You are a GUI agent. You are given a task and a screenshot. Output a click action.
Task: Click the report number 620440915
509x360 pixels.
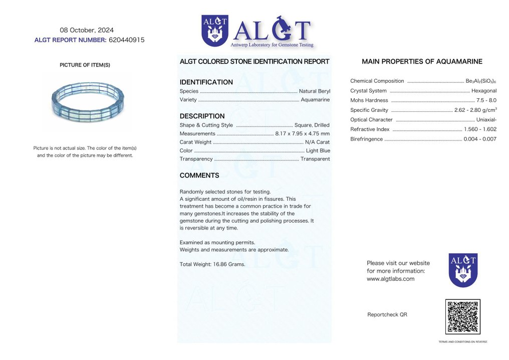126,40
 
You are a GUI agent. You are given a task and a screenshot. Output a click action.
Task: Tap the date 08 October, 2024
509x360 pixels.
87,30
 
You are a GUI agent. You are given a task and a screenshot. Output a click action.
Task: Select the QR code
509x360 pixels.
462,316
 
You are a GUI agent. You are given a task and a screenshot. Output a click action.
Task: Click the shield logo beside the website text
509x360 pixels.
463,270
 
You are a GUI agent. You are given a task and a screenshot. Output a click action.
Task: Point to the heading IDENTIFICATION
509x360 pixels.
206,82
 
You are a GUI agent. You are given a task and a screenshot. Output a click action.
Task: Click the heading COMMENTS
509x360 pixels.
199,175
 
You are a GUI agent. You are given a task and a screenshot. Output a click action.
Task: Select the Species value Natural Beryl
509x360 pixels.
314,91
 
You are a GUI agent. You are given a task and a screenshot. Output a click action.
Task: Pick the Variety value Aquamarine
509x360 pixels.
315,100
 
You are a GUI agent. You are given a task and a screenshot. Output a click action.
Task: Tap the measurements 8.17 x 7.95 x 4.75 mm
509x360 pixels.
302,134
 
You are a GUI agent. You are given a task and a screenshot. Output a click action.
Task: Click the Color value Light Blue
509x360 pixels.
318,150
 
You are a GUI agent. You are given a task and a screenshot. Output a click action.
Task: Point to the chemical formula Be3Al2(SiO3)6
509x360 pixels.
481,81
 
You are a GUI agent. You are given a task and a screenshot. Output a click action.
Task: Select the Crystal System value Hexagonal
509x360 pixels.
483,91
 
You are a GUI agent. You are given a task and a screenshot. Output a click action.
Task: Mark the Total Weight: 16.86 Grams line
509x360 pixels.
212,264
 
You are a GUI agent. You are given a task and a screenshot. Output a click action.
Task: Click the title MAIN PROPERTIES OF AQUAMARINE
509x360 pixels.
422,62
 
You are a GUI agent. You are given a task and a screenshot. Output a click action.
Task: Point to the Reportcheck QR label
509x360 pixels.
387,315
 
